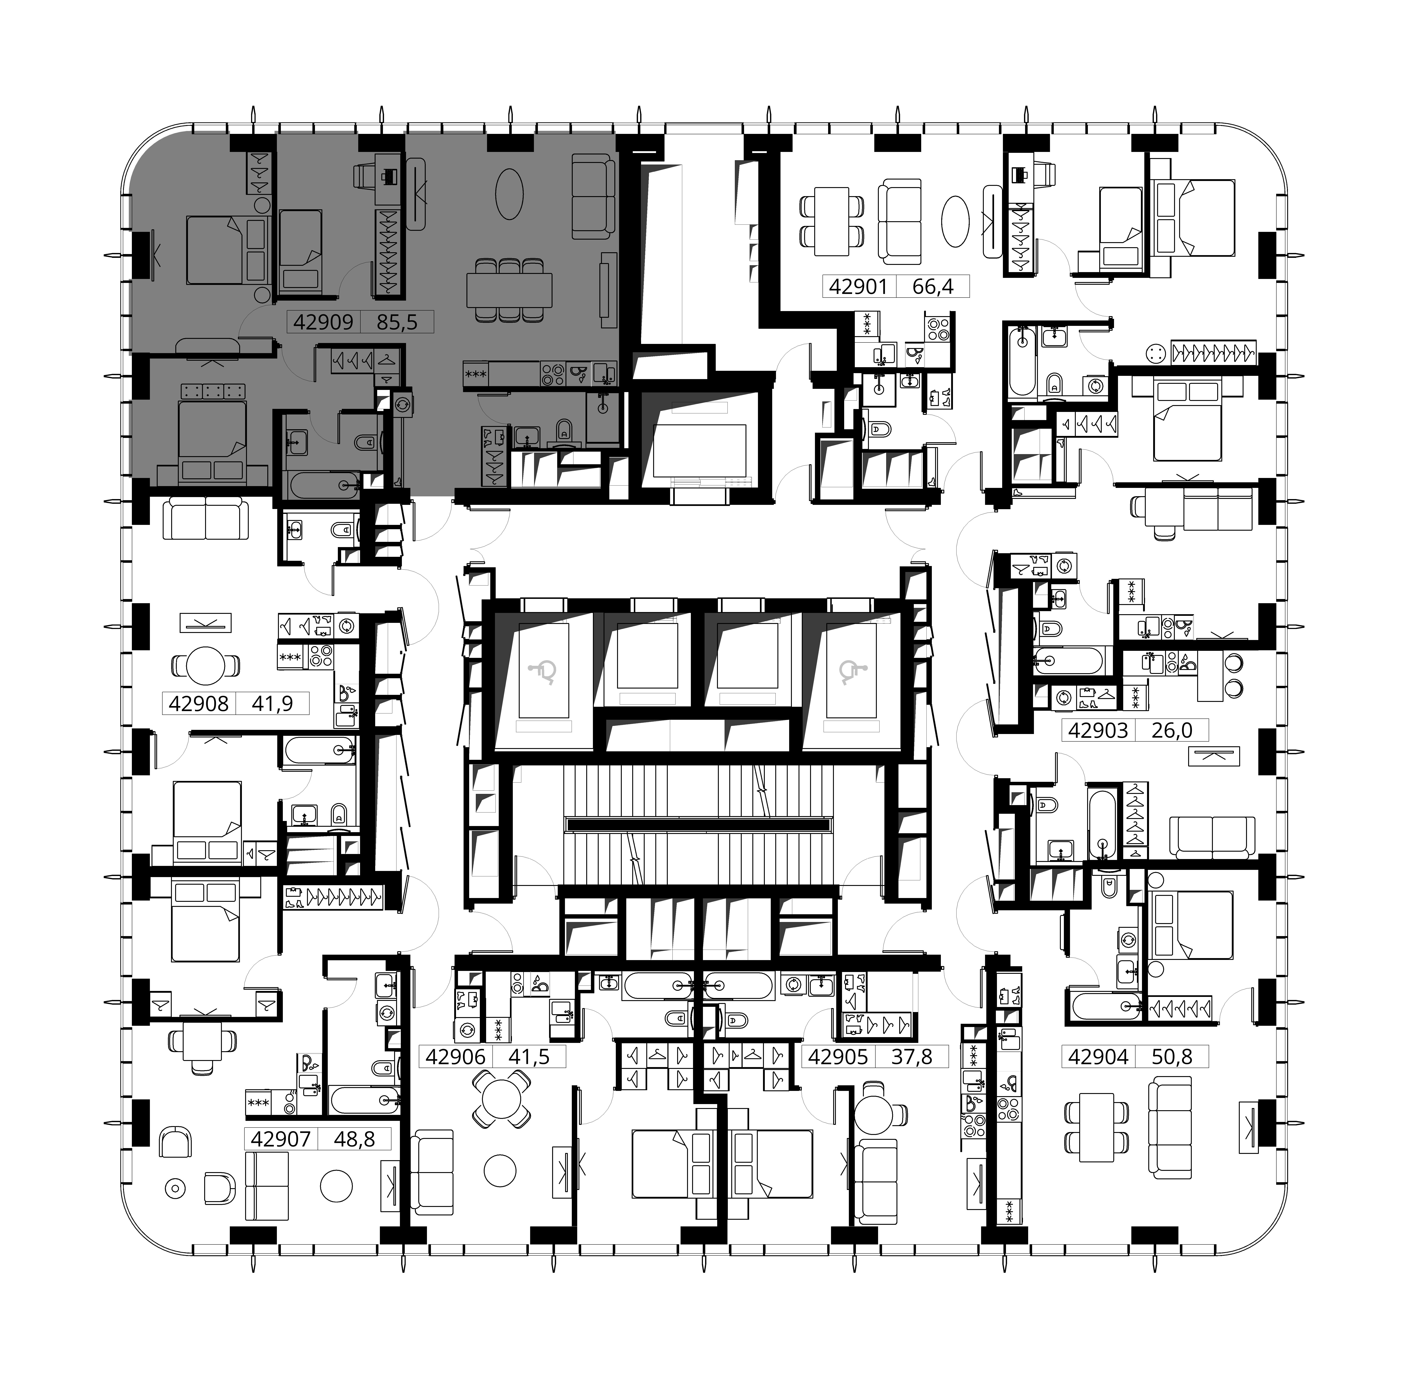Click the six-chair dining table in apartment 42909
509,291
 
